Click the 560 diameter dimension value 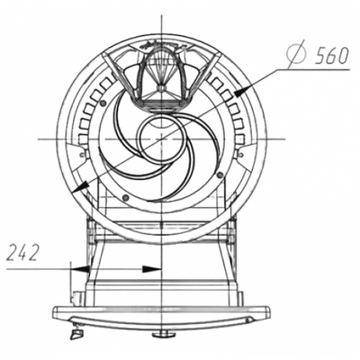click(332, 56)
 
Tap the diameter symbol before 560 click(298, 55)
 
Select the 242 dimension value click(23, 253)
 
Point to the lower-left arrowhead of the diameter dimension click(80, 187)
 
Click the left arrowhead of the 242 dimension click(80, 269)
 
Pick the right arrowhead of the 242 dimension click(152, 269)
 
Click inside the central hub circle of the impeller click(161, 139)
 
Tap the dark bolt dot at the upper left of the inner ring click(103, 103)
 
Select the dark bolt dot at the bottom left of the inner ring click(126, 197)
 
